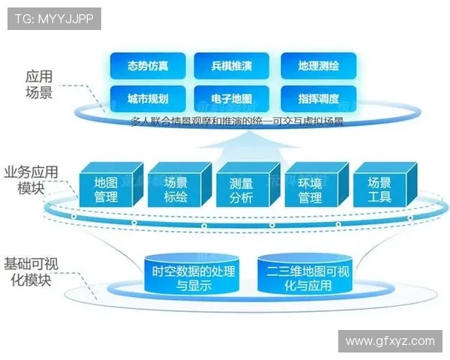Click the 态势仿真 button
pyautogui.click(x=148, y=66)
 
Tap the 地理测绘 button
pyautogui.click(x=318, y=66)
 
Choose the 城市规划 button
pyautogui.click(x=148, y=98)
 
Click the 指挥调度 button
pyautogui.click(x=318, y=98)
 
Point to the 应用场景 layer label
pyautogui.click(x=43, y=85)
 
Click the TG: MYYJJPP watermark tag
pyautogui.click(x=54, y=19)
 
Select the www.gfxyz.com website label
pyautogui.click(x=389, y=341)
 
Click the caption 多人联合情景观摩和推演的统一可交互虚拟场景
pyautogui.click(x=236, y=121)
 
